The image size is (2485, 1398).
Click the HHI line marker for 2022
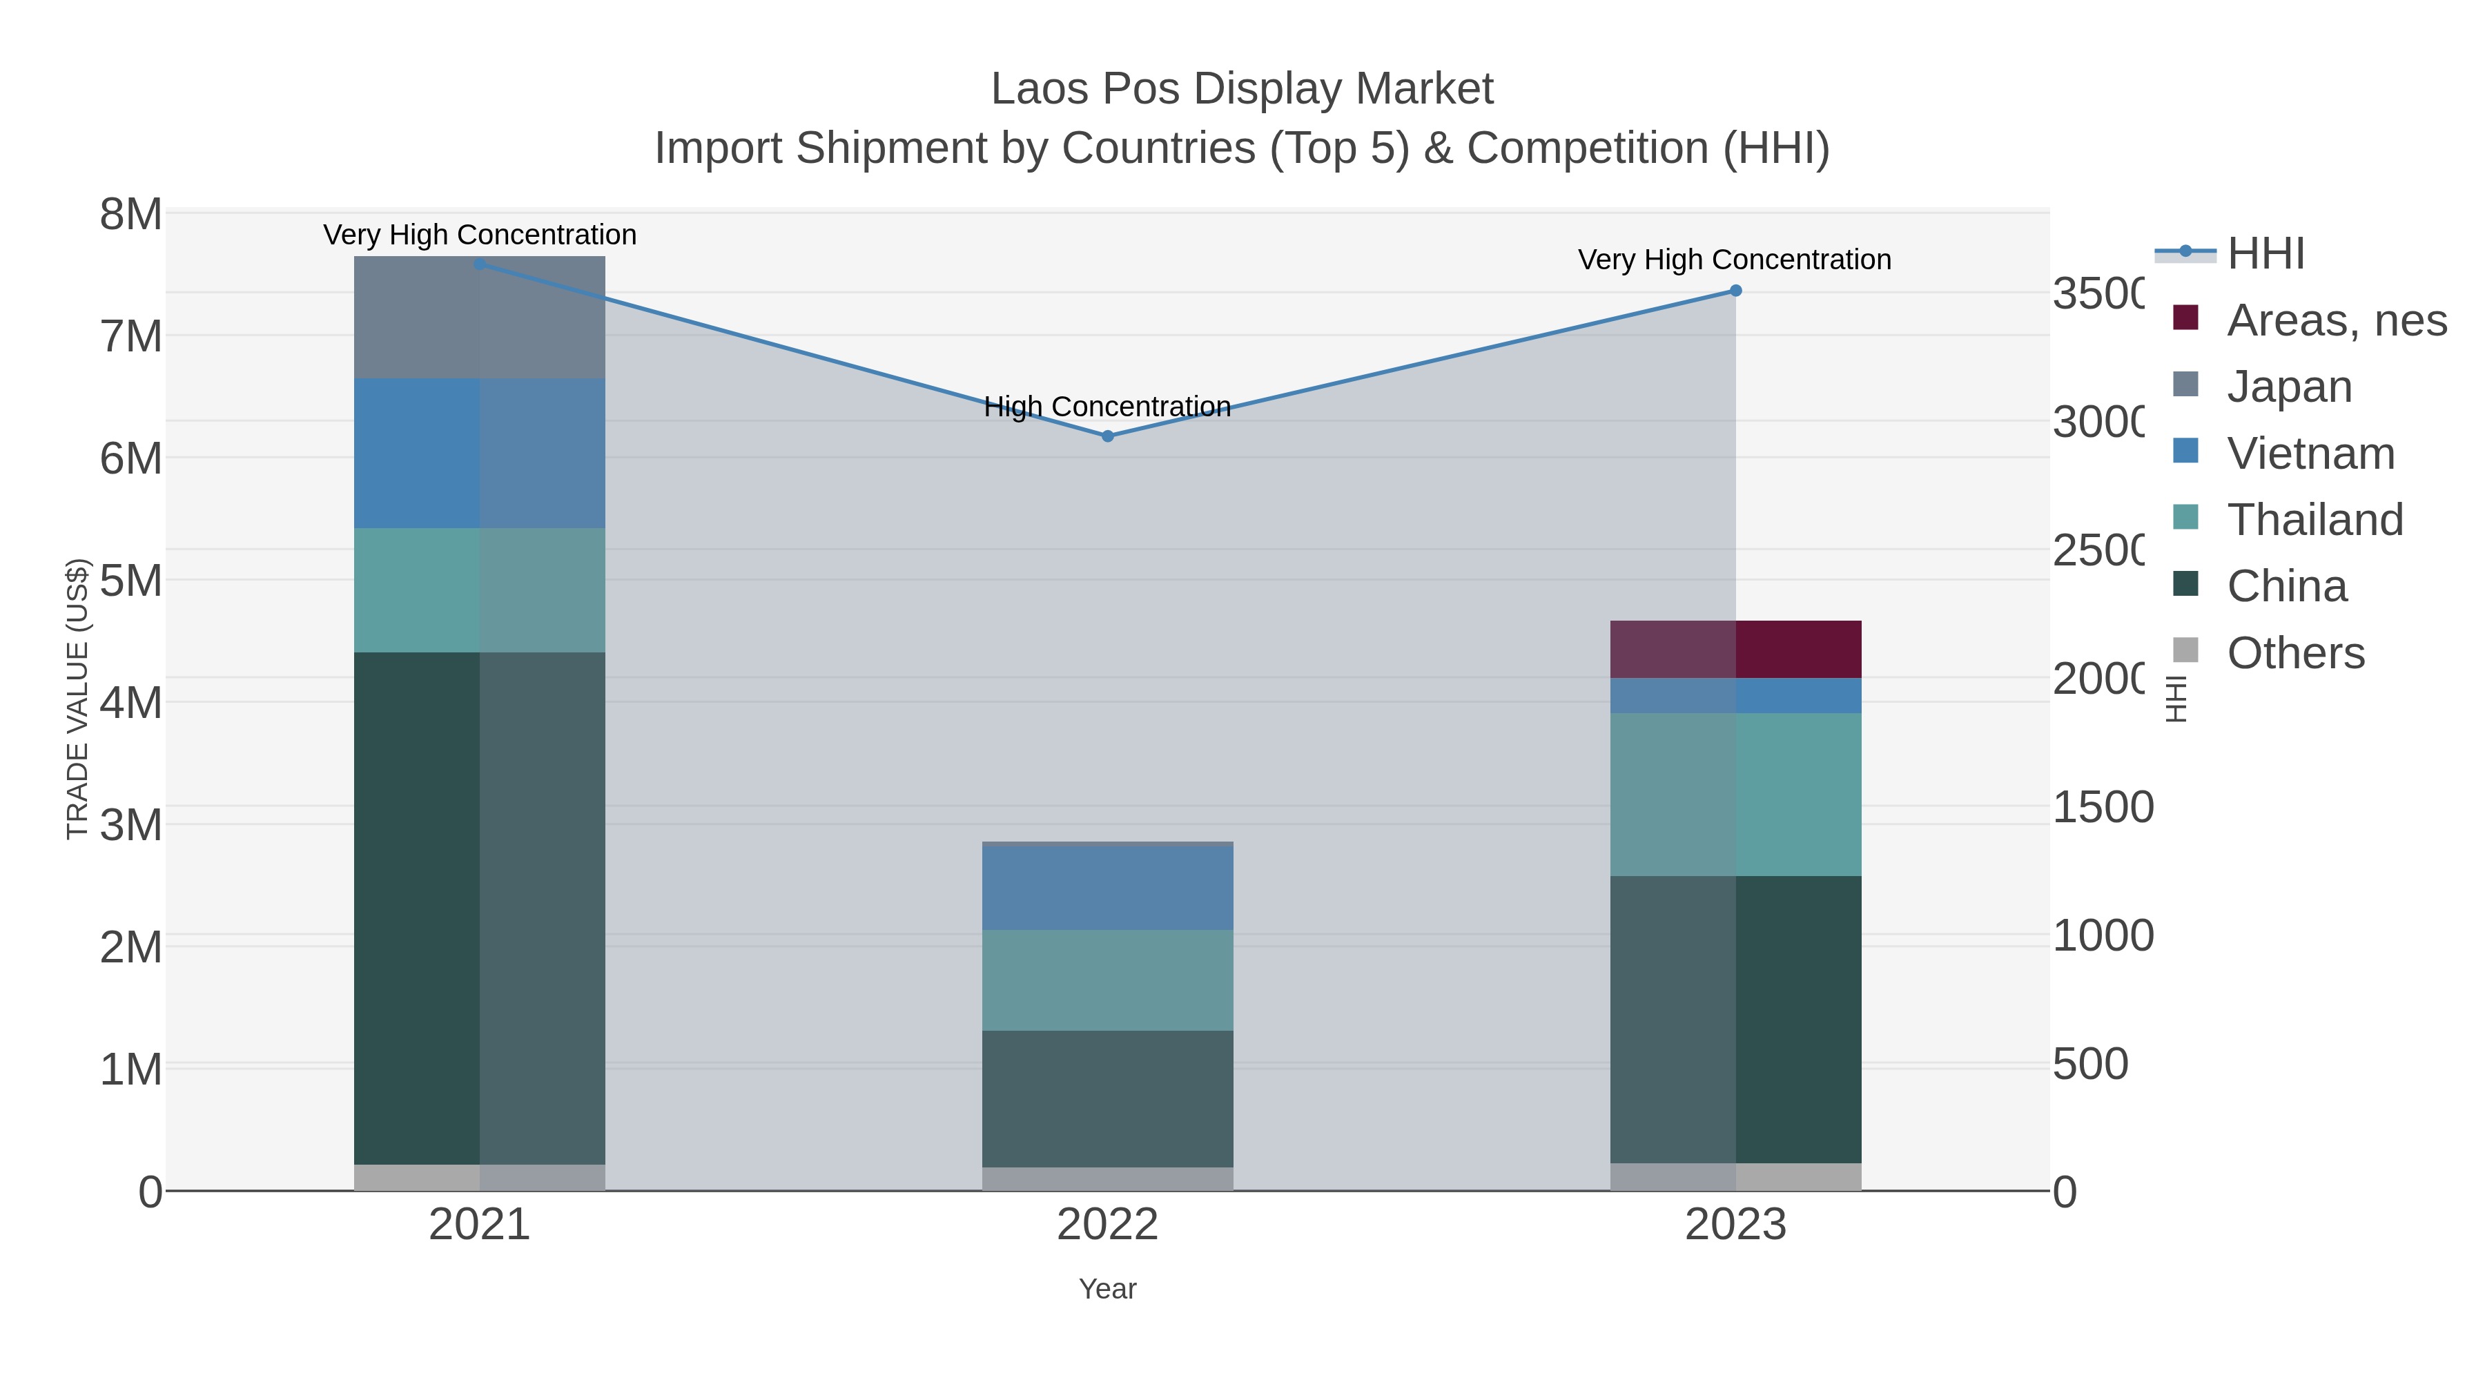[x=1107, y=436]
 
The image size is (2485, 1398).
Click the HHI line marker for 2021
[x=480, y=264]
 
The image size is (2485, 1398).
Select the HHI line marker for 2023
[x=1735, y=291]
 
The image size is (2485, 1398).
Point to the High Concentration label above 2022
[x=1107, y=406]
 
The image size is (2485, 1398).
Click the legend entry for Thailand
[x=2315, y=519]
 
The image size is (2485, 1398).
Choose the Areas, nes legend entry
[x=2335, y=320]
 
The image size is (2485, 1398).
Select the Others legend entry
[x=2295, y=652]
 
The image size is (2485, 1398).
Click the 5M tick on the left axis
[x=130, y=581]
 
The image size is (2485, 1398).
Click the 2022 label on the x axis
[x=1107, y=1224]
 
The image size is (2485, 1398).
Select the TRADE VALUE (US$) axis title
[x=77, y=699]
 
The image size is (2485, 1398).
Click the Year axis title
[x=1107, y=1288]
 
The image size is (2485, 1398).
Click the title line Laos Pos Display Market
[x=1242, y=89]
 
